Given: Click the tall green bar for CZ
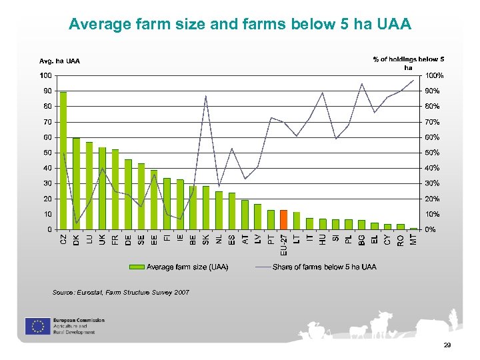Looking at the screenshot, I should (x=63, y=160).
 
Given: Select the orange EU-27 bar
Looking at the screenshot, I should (x=284, y=219).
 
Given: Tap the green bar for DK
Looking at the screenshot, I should (x=76, y=183).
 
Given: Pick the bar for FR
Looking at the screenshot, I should (x=115, y=189).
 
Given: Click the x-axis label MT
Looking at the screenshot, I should (x=413, y=237).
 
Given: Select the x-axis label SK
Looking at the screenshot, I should (x=206, y=237).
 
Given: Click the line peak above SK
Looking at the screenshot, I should (x=206, y=96).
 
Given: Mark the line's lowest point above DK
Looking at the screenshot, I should (x=76, y=223).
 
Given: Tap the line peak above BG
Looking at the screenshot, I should (x=361, y=84).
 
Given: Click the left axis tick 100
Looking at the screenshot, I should (x=46, y=75).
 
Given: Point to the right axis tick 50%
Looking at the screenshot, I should (x=432, y=153).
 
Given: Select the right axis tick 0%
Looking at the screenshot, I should (x=430, y=230).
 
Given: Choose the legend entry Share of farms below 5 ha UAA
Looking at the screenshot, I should (x=316, y=267).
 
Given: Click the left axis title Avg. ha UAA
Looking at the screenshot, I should (x=59, y=61).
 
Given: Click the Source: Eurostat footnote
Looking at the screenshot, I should (x=121, y=293).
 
